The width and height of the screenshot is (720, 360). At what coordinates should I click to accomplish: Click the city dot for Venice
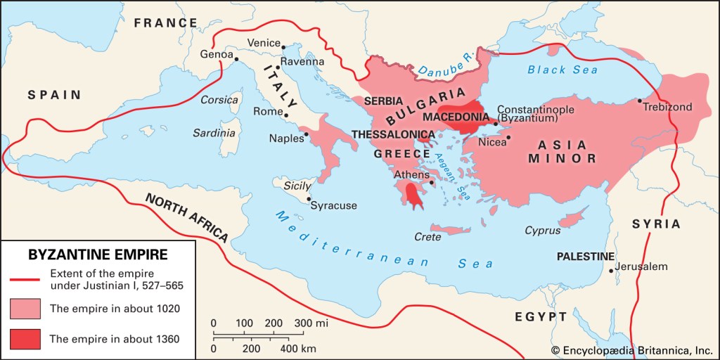click(284, 48)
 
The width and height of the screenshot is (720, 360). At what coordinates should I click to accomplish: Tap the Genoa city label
click(217, 53)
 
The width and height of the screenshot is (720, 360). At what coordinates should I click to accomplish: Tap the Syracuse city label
click(334, 205)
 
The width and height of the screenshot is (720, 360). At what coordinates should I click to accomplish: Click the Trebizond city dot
click(640, 101)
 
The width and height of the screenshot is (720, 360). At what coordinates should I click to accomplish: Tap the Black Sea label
click(562, 70)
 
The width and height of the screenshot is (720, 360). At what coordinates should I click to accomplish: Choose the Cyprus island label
click(542, 231)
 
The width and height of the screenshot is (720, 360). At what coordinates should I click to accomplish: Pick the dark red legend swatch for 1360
click(25, 338)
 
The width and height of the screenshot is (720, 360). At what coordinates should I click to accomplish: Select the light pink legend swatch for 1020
click(25, 308)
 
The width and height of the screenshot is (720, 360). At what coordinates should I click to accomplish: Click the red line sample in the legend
click(25, 278)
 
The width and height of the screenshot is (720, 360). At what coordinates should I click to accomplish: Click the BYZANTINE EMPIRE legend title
click(96, 253)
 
